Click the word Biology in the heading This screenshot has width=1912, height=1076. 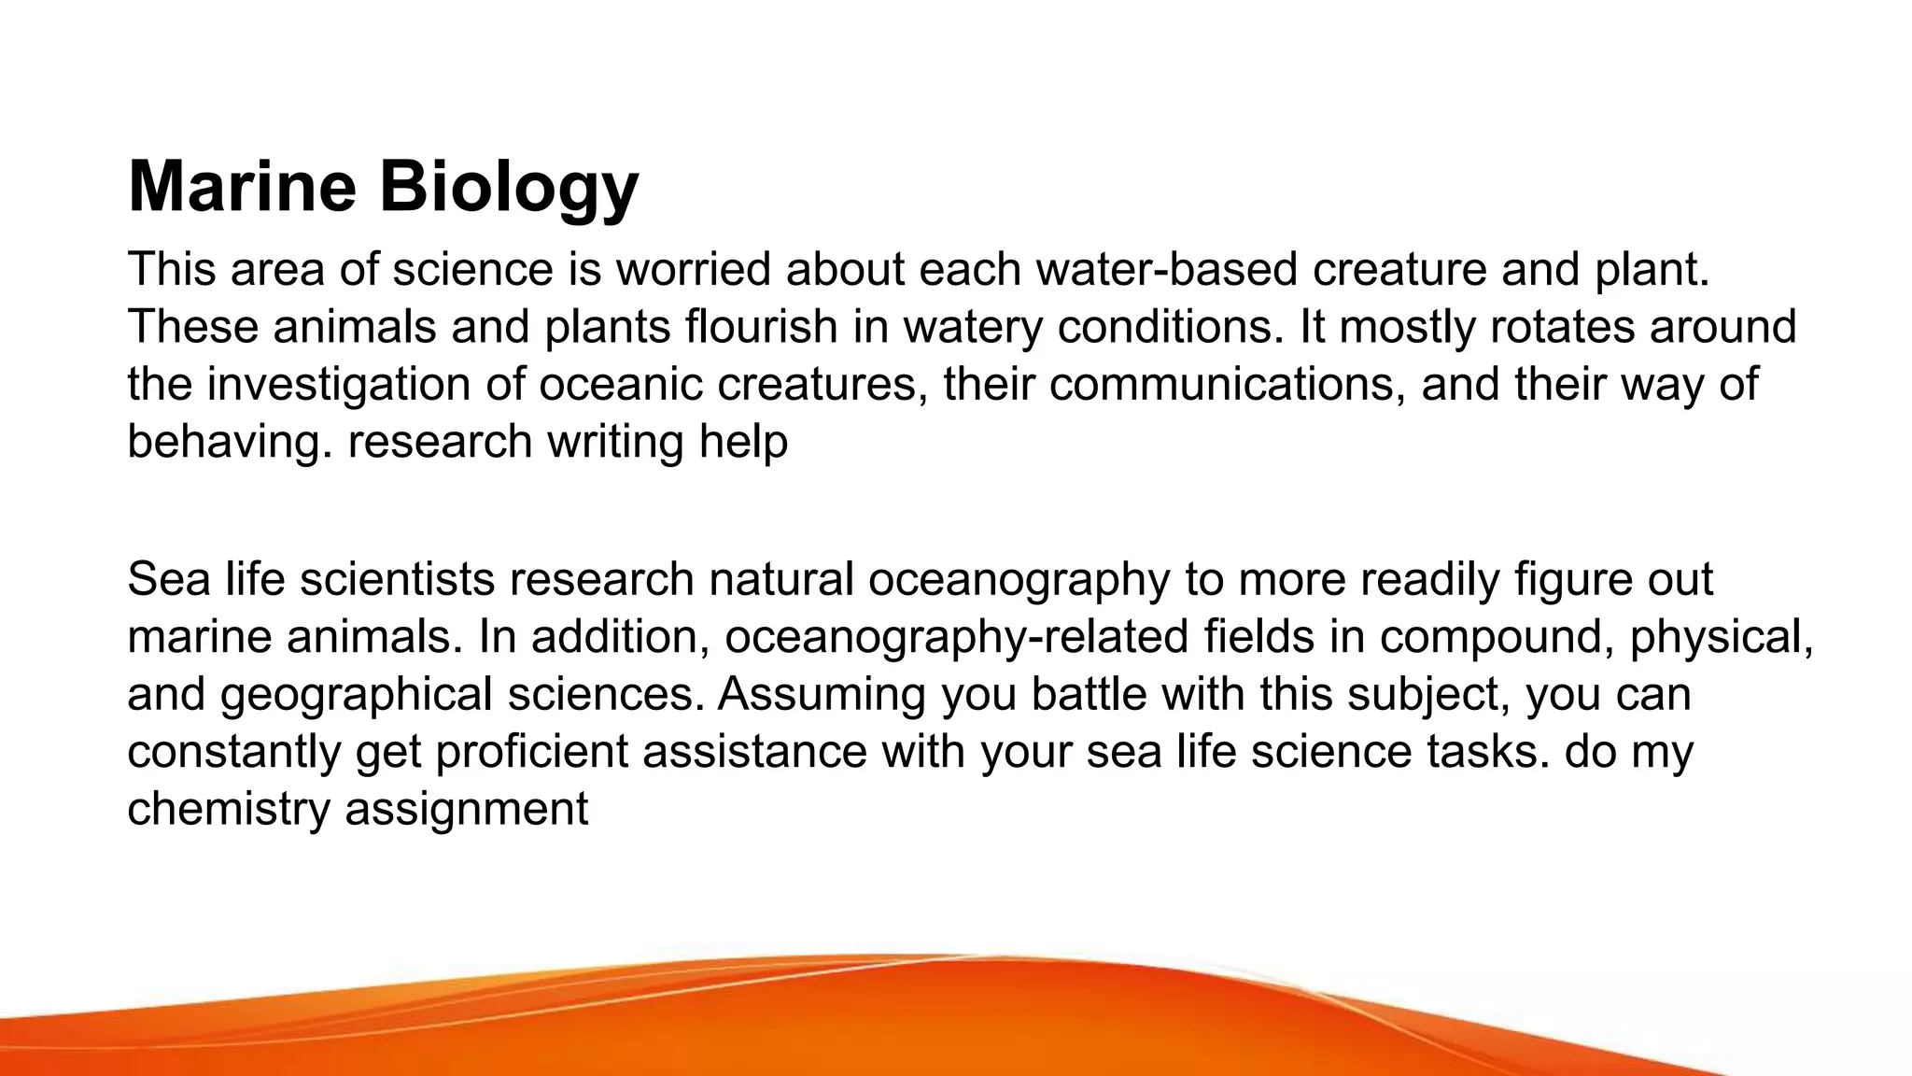(x=509, y=188)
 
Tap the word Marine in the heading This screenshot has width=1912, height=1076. (x=242, y=186)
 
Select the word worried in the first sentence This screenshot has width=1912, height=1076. (x=692, y=269)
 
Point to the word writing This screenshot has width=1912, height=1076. (x=615, y=441)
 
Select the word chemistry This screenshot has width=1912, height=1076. (x=229, y=809)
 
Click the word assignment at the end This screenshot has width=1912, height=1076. (x=467, y=809)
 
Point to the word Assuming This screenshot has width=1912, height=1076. (x=822, y=695)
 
